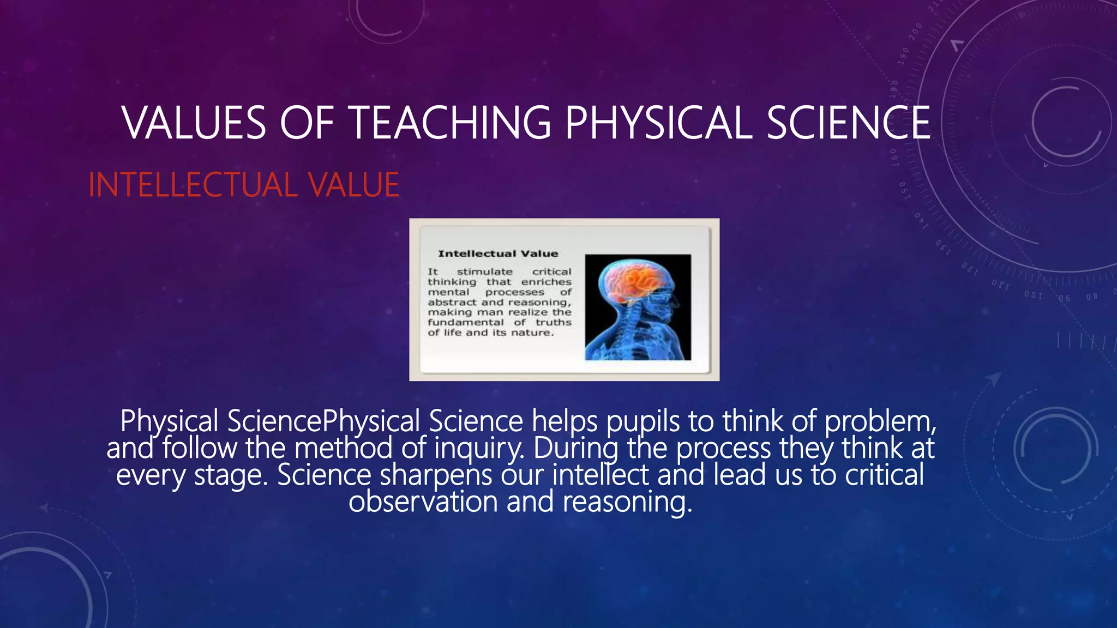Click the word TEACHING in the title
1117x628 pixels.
pos(450,123)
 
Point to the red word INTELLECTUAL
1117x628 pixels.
pos(193,185)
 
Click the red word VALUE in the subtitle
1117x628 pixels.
pos(354,185)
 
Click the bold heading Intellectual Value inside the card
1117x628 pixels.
pos(498,253)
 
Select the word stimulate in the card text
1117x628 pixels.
pos(484,271)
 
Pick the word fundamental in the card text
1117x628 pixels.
pos(465,322)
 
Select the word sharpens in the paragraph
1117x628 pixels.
pos(436,475)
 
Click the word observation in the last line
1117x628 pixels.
pos(423,502)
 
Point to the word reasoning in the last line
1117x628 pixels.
pos(627,502)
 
